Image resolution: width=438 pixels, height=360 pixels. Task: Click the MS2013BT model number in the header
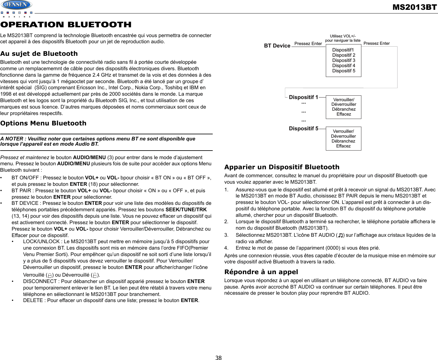point(414,7)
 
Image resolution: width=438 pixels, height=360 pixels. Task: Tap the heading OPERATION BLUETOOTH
point(66,25)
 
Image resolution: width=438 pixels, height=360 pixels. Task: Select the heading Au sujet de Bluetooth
point(39,54)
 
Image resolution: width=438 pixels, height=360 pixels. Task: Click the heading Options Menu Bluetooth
point(43,123)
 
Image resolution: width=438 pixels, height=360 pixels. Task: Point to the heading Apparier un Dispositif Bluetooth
point(282,167)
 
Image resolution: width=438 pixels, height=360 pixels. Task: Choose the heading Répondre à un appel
point(261,272)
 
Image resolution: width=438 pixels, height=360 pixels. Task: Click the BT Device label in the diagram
point(277,46)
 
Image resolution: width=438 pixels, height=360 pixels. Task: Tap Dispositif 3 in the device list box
point(344,60)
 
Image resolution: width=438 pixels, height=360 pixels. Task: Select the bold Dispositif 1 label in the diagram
point(303,97)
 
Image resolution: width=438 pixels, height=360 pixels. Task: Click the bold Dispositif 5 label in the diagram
point(303,128)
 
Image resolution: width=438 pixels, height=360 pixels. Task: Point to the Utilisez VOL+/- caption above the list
point(343,36)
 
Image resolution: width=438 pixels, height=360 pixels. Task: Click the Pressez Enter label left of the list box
point(308,44)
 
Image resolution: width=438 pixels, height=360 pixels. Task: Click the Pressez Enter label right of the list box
point(376,43)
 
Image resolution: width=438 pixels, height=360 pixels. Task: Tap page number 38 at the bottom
point(219,358)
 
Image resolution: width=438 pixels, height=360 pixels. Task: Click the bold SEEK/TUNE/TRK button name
point(186,210)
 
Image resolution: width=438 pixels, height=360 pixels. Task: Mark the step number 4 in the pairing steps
point(226,248)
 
